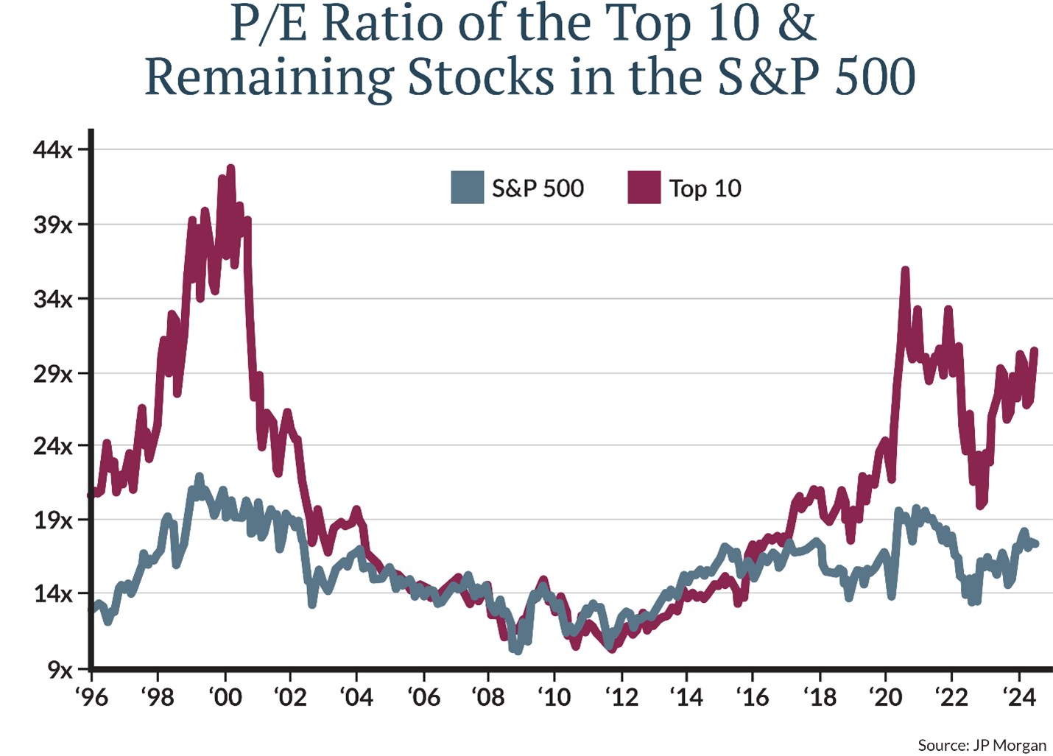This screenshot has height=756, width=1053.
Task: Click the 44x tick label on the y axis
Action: point(53,150)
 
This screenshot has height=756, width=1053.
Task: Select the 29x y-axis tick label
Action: point(53,374)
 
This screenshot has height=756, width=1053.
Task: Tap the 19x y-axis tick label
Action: point(53,520)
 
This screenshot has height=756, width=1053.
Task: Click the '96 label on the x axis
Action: point(91,696)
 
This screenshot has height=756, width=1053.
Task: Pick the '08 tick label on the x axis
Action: point(488,696)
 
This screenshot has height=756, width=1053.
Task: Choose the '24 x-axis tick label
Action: point(1019,696)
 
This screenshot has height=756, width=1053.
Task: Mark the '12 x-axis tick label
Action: point(621,696)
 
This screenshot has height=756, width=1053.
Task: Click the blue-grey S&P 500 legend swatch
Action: point(467,188)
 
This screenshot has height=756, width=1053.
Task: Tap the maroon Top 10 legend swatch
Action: point(644,188)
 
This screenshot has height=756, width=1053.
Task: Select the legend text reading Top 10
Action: point(705,188)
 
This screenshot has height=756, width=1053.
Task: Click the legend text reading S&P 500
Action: point(538,188)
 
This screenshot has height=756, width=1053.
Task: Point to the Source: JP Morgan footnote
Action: point(982,745)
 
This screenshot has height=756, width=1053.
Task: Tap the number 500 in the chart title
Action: point(875,77)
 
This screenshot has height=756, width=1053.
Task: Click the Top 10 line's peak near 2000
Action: point(230,169)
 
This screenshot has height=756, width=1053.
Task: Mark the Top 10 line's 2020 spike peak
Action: point(905,270)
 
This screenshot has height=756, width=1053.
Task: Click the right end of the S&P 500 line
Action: point(1036,544)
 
